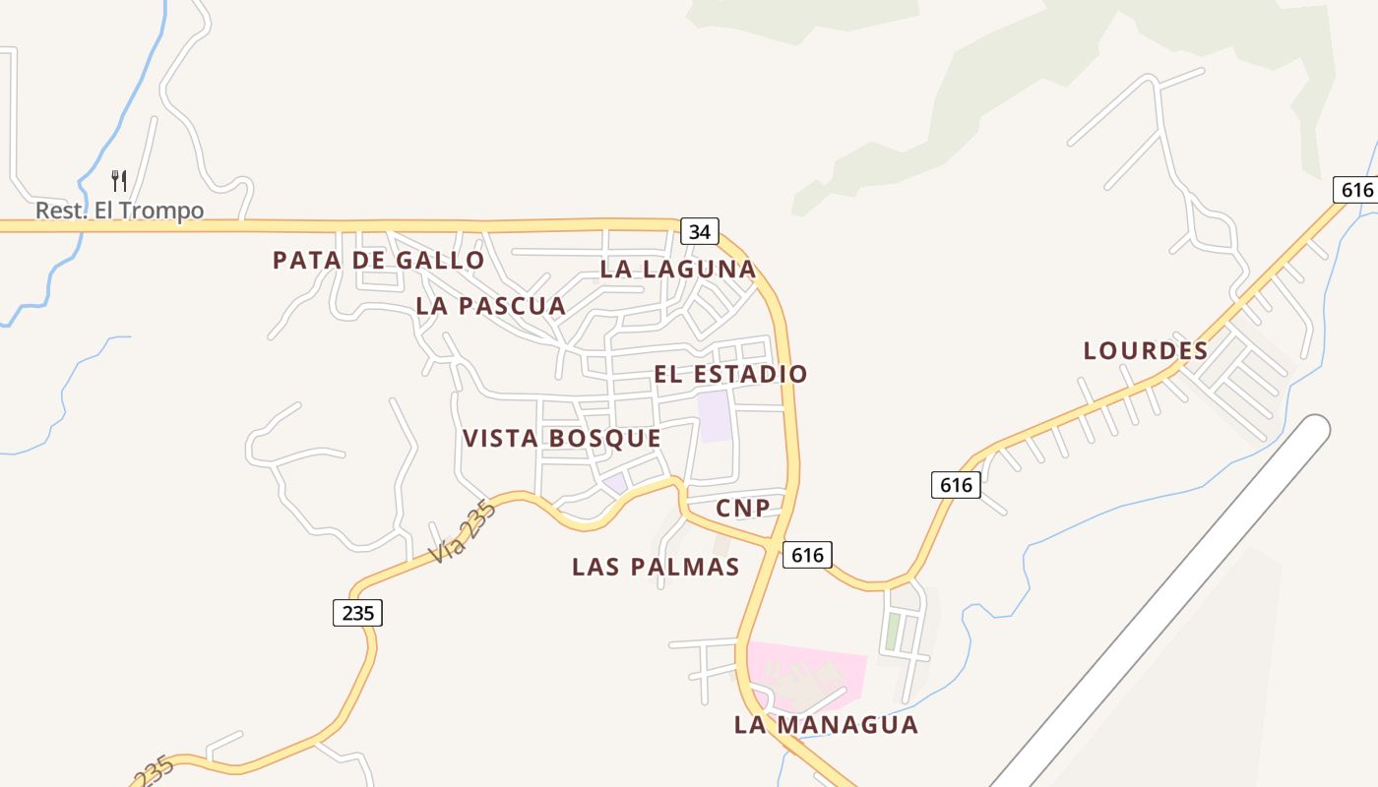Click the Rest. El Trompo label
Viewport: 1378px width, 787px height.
click(119, 211)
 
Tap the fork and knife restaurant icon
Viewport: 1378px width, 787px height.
click(119, 181)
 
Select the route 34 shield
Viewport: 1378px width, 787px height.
click(699, 232)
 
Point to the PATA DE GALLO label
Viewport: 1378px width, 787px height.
click(378, 261)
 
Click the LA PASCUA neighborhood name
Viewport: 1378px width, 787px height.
click(490, 306)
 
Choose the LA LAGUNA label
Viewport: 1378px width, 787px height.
click(678, 270)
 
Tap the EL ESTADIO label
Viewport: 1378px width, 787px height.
click(730, 375)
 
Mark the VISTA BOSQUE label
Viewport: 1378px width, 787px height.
click(561, 439)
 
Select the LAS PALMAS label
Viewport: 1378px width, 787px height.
click(656, 568)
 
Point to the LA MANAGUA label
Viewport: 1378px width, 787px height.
click(826, 725)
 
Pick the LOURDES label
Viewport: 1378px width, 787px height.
click(1146, 351)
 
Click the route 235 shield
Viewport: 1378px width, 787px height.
click(356, 613)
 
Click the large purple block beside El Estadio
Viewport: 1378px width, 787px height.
click(715, 416)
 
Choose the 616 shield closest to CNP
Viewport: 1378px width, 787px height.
click(807, 555)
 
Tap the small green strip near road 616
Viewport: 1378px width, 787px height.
click(892, 632)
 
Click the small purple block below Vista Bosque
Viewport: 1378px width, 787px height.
click(615, 483)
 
